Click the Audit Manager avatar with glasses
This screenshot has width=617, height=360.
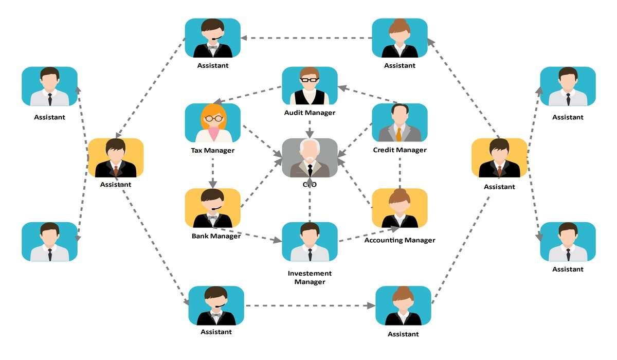tap(310, 85)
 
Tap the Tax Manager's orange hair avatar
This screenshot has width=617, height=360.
tap(212, 123)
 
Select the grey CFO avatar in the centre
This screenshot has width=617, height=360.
tap(310, 157)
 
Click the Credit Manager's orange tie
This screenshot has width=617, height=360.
tap(399, 134)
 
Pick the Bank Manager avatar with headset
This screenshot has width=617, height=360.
tap(212, 208)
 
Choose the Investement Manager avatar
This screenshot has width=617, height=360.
tap(310, 241)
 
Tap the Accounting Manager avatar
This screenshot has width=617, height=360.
tap(400, 208)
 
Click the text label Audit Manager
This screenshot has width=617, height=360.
tap(310, 113)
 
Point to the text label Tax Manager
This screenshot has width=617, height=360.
tap(212, 151)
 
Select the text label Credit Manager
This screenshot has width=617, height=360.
tap(400, 150)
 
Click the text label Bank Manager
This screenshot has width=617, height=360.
tap(216, 237)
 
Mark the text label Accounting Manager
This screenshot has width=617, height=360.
tap(400, 240)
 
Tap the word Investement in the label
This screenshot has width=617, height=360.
tap(310, 274)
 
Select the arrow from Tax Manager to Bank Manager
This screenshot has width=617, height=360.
tap(212, 172)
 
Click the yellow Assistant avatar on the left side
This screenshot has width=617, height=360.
tap(116, 158)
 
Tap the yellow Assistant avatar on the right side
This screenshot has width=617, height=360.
tap(499, 158)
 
